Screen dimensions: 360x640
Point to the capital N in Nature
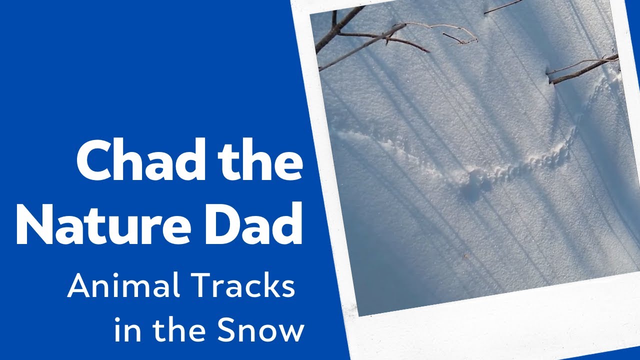pos(37,225)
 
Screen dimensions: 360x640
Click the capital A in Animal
pos(79,286)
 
